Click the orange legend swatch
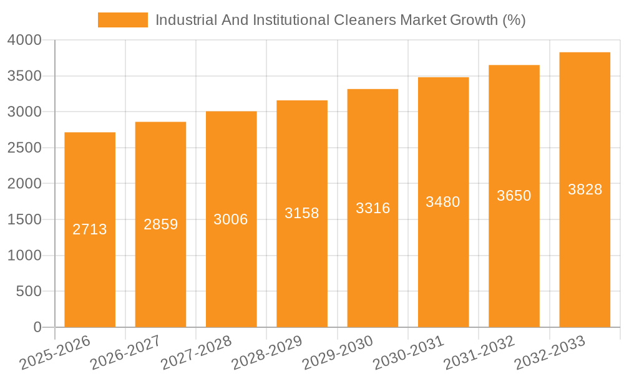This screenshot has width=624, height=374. pos(123,20)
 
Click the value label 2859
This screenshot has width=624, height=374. pos(160,224)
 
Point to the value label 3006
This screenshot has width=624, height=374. pos(231,219)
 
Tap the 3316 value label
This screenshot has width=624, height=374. pos(373,208)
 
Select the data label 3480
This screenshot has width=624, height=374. pos(443,202)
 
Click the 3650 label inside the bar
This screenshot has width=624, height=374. pos(514,196)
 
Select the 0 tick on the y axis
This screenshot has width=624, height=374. pos(37,327)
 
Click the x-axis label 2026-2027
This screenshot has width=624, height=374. pos(125,352)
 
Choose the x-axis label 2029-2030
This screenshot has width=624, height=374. pos(338,352)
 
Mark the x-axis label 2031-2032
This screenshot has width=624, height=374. pos(479,352)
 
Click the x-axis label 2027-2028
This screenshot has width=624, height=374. pos(196,352)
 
